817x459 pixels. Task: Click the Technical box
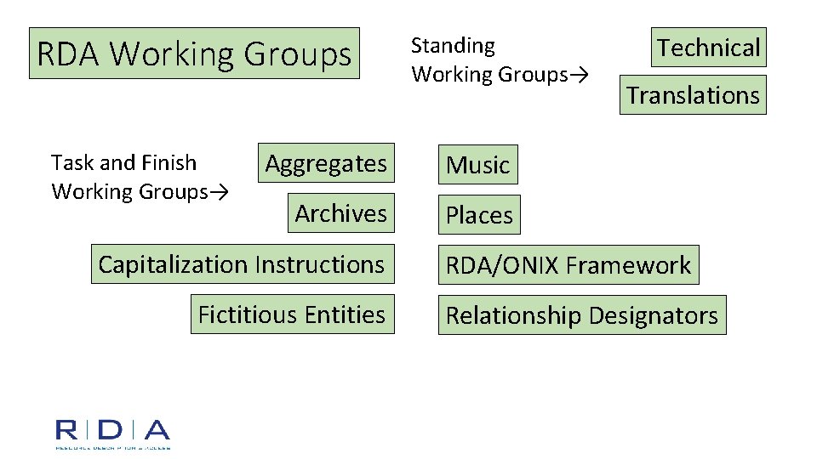click(x=708, y=48)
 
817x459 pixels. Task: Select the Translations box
click(x=693, y=94)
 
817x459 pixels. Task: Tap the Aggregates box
click(x=326, y=163)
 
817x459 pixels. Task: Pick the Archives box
click(x=340, y=213)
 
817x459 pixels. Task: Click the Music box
click(x=477, y=165)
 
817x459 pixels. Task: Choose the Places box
click(x=479, y=215)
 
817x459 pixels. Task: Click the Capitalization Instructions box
click(x=242, y=264)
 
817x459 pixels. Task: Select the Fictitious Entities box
click(x=292, y=314)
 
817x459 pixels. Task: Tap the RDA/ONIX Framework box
click(x=568, y=265)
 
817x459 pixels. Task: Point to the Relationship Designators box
click(x=582, y=315)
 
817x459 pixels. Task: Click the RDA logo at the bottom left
click(x=112, y=433)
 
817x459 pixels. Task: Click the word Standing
click(x=453, y=46)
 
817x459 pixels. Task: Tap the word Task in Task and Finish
click(x=69, y=162)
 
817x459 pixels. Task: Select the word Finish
click(x=170, y=162)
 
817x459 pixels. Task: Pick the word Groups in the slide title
click(x=297, y=54)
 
